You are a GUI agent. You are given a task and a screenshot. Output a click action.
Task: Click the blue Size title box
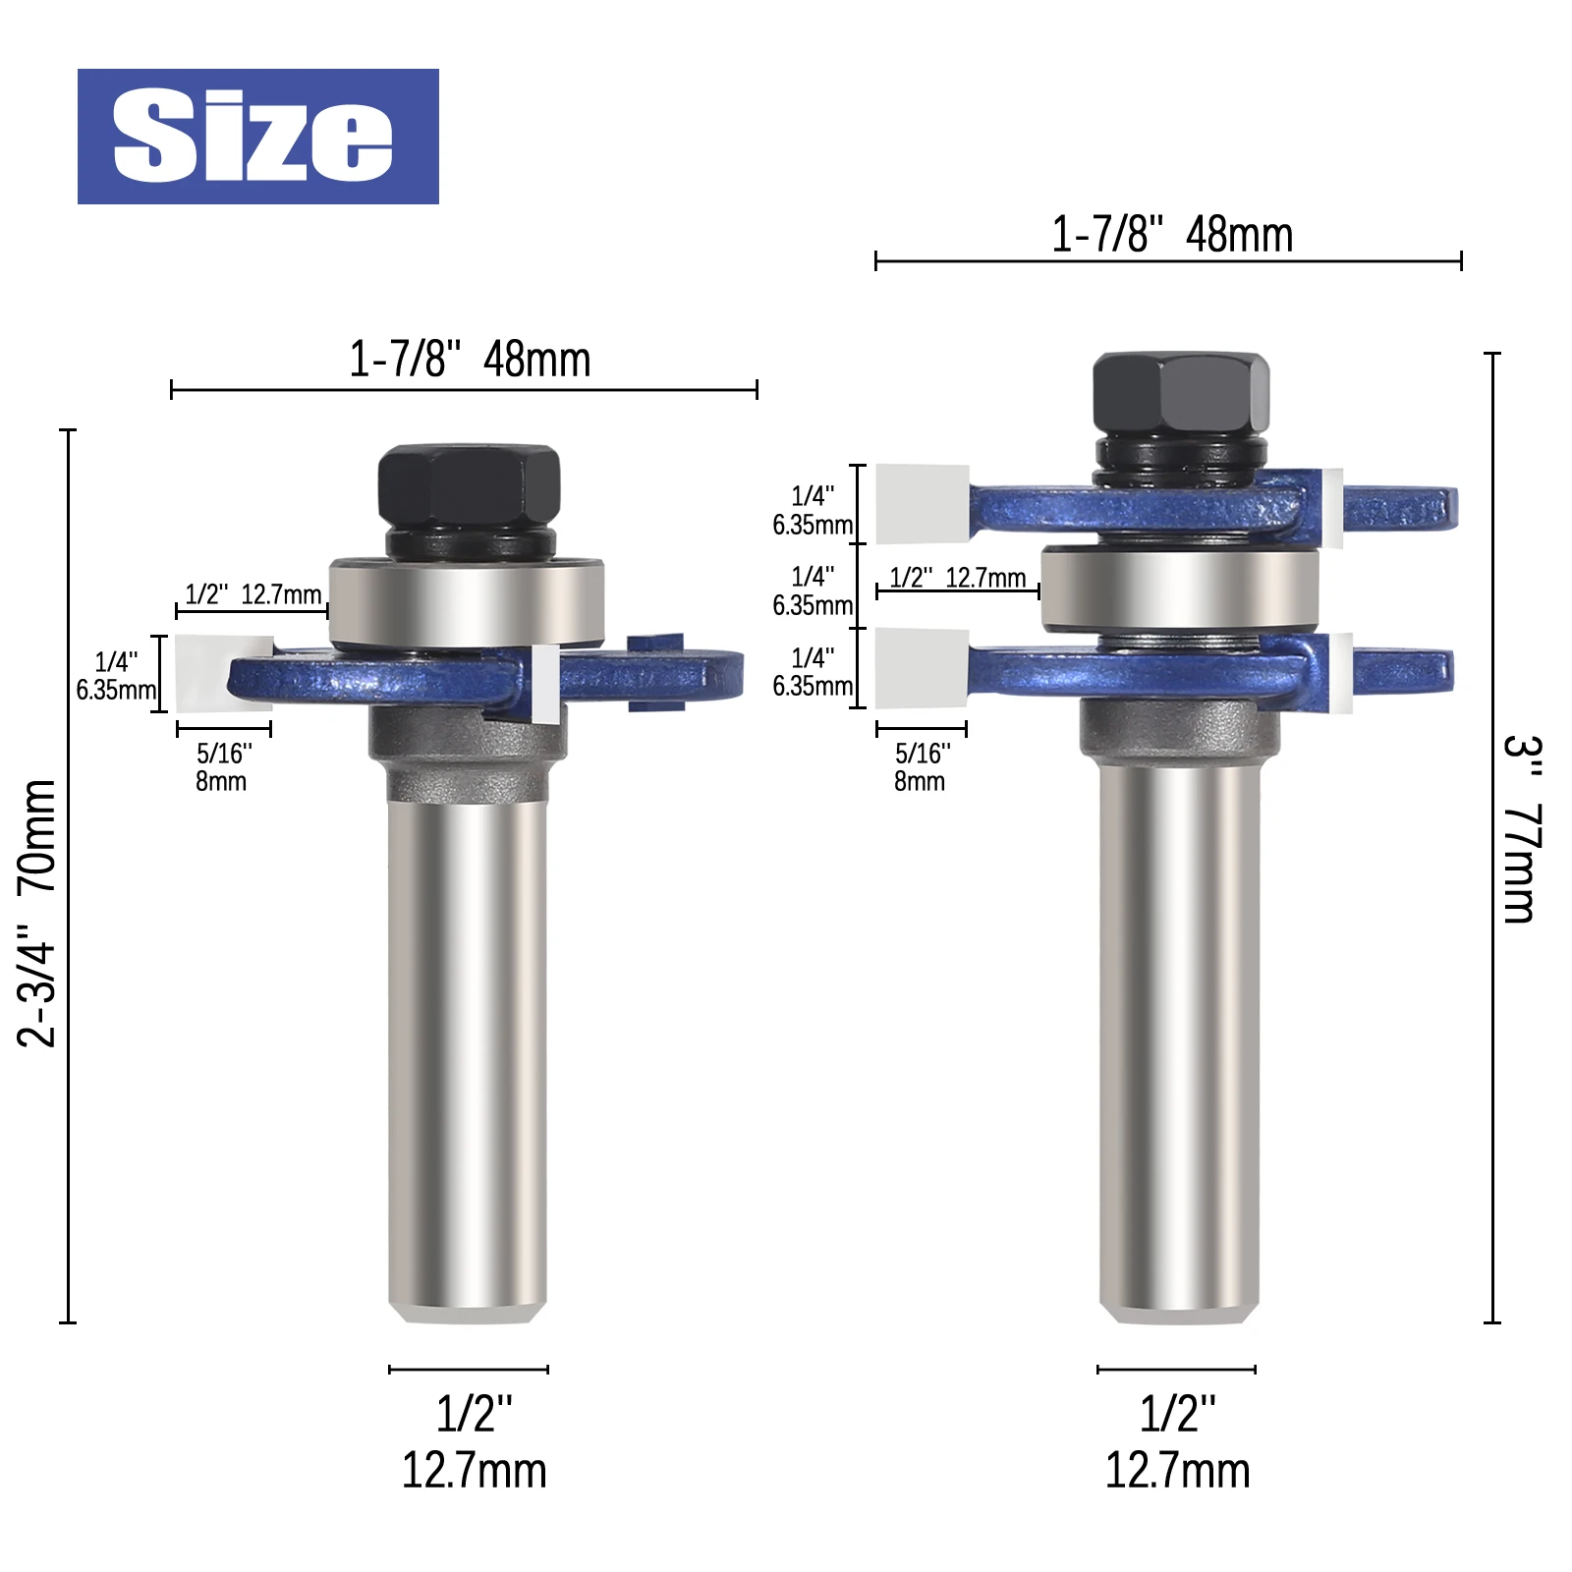(258, 137)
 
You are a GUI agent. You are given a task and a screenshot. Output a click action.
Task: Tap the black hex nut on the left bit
(470, 488)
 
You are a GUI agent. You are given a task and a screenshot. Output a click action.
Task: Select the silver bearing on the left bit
(466, 602)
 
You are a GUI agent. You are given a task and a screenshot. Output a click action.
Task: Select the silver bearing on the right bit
(1179, 588)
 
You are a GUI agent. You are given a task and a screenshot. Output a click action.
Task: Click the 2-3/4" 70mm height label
(38, 913)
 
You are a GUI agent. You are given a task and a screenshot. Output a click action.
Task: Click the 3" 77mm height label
(1523, 830)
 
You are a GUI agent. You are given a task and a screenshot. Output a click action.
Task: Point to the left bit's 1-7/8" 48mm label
(470, 360)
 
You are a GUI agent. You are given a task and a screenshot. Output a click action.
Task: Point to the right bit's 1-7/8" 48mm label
(1172, 235)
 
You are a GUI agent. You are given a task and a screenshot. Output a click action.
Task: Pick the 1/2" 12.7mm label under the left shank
(474, 1442)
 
